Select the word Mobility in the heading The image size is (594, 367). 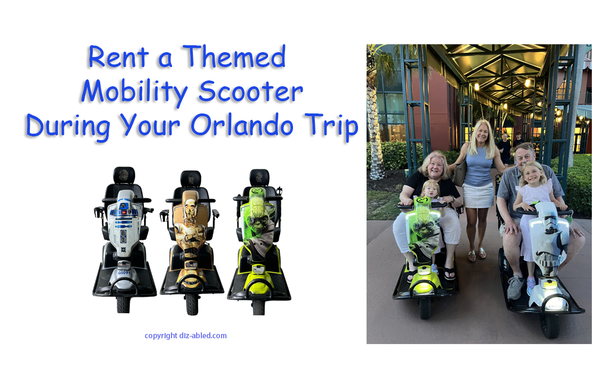click(133, 92)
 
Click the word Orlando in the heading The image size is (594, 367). click(250, 126)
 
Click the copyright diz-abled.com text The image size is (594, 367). click(185, 336)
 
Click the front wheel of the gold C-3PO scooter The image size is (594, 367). click(192, 304)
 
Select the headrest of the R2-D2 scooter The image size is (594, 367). click(124, 175)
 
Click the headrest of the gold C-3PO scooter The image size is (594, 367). click(191, 178)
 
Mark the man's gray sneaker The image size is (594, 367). click(515, 288)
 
